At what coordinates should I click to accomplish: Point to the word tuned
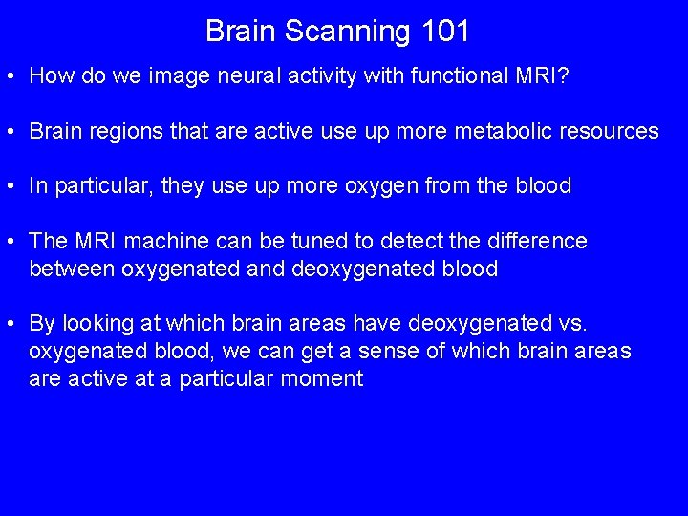[x=330, y=241]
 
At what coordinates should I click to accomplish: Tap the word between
[x=72, y=269]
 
